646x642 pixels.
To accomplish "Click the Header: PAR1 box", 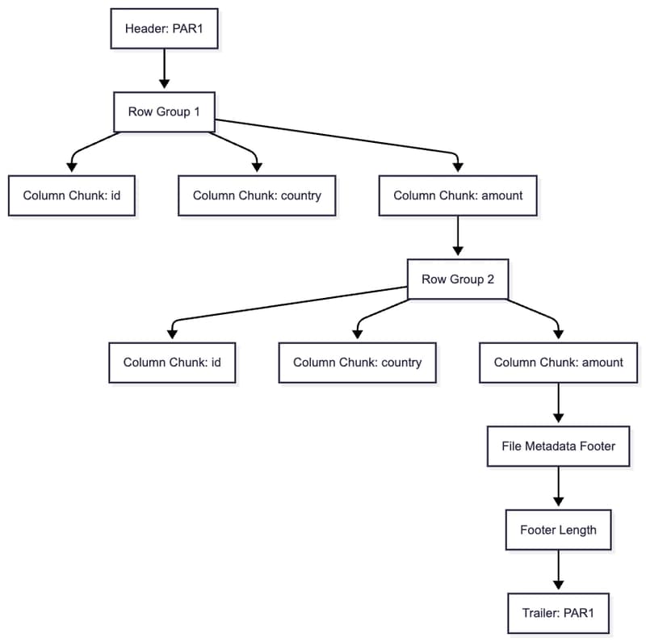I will tap(164, 28).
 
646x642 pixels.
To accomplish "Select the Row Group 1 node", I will tap(164, 111).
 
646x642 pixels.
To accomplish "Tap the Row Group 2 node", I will tap(458, 279).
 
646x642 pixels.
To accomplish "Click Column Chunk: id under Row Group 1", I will tap(72, 195).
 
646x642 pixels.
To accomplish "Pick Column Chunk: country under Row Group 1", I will tap(257, 195).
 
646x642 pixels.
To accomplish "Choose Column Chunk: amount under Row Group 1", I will tap(458, 195).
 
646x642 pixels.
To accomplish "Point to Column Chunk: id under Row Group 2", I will tap(172, 363).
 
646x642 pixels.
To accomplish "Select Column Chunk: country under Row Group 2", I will tap(357, 363).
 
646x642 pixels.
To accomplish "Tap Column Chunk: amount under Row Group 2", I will tap(558, 363).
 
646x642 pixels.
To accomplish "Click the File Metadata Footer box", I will tap(558, 447).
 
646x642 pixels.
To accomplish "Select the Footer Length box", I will tap(558, 530).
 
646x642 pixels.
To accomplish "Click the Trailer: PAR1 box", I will tap(558, 613).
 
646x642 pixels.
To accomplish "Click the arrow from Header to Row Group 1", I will tap(164, 69).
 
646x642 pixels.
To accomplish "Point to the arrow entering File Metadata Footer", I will tap(558, 404).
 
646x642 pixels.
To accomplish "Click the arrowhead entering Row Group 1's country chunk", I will tap(257, 167).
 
